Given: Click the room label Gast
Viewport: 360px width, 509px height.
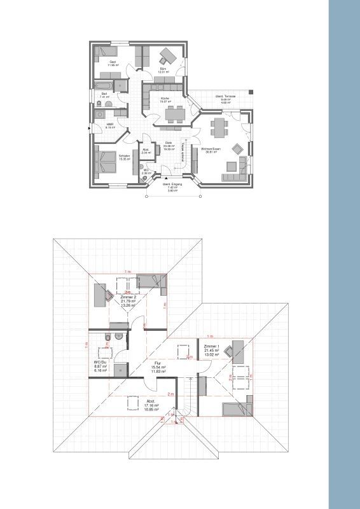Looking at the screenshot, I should (x=113, y=62).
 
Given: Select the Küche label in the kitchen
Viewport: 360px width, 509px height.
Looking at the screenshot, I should (x=165, y=99).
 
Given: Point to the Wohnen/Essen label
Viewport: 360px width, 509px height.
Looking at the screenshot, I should (x=211, y=149).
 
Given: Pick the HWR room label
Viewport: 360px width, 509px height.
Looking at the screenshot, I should (x=110, y=124).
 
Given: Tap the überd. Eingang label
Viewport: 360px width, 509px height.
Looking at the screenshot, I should (x=172, y=185).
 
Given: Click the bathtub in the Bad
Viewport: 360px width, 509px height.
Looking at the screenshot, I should (x=104, y=85).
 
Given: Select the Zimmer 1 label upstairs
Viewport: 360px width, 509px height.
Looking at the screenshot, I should (x=212, y=346).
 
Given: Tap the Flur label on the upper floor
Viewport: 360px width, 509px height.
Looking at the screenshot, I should (x=158, y=363).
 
